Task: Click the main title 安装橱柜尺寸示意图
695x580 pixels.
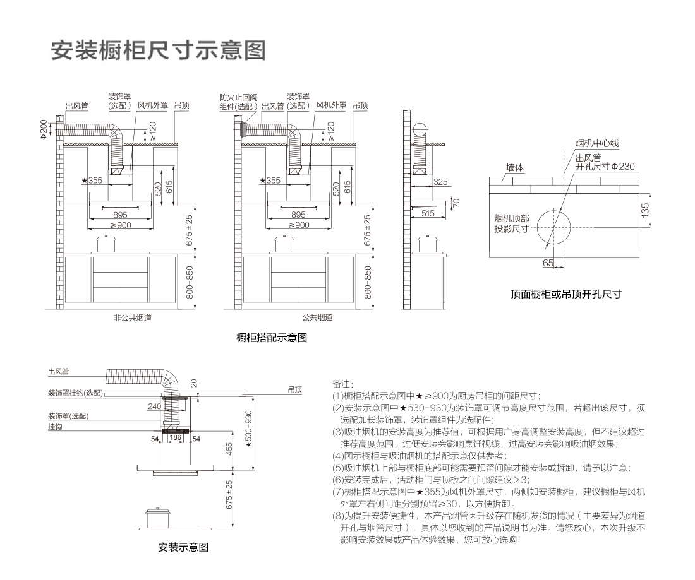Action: tap(158, 50)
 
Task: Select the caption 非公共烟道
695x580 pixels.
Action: tap(128, 317)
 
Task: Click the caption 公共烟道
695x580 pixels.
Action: tap(317, 317)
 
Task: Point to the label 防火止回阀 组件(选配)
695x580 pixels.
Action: tap(238, 102)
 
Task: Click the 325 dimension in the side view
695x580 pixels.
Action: tap(440, 181)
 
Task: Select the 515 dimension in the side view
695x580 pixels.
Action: tap(428, 214)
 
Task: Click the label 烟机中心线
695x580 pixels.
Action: tap(596, 145)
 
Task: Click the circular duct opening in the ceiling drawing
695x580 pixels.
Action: tap(554, 227)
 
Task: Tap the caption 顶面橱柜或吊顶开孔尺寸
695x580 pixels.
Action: tap(566, 294)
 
